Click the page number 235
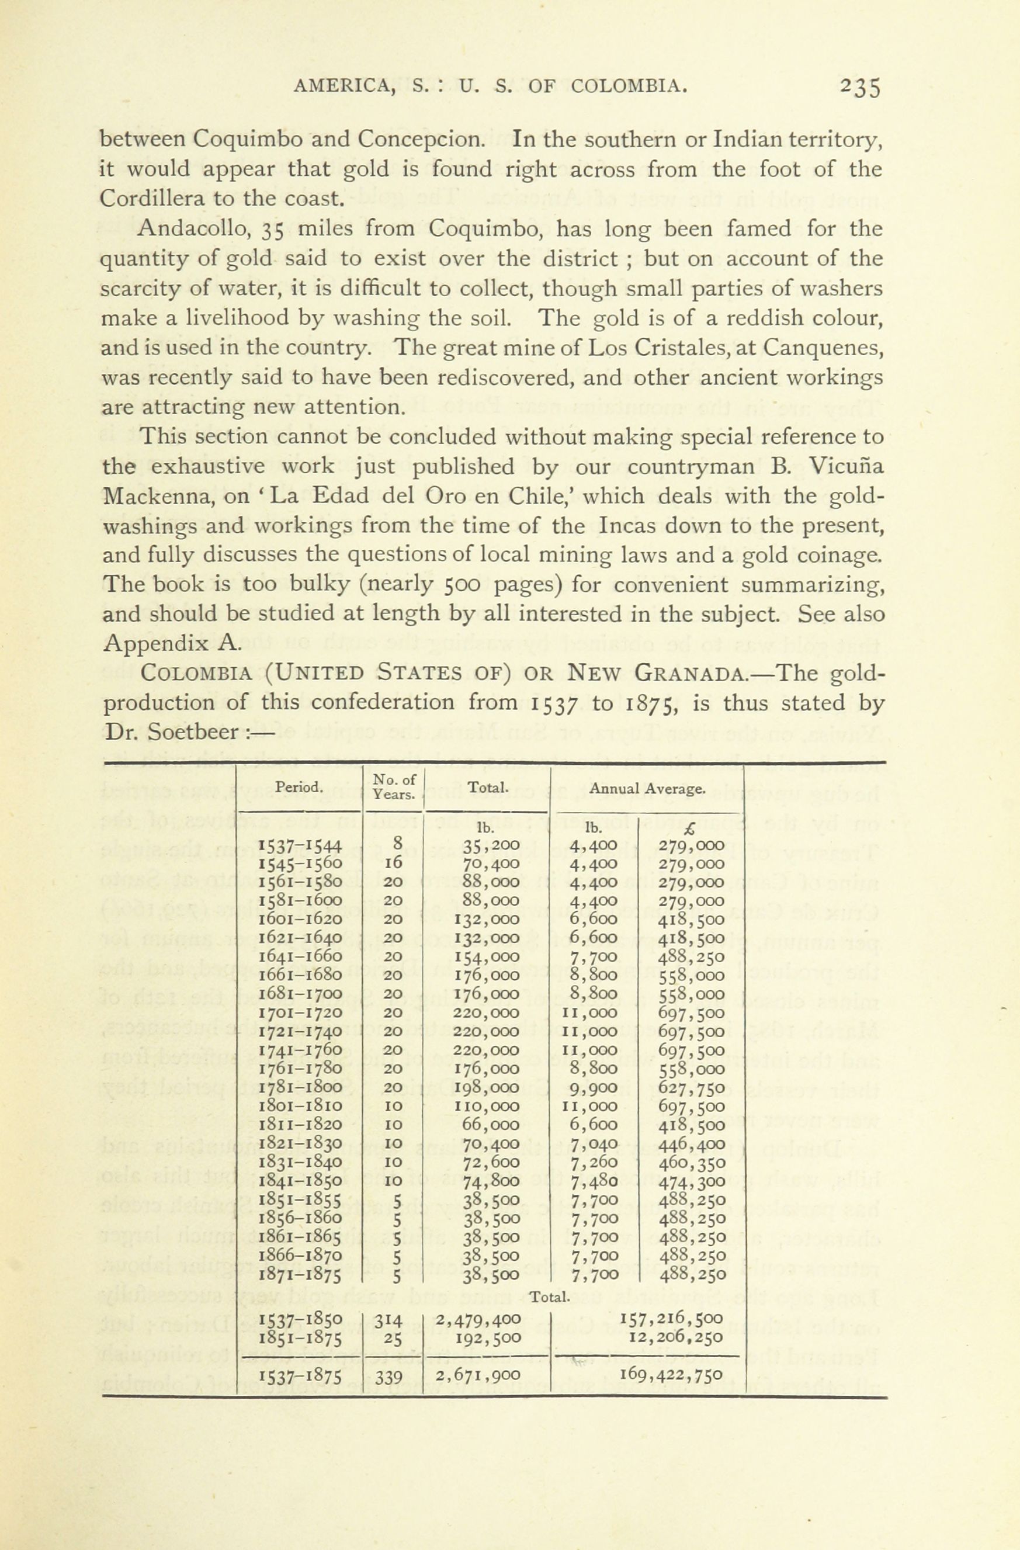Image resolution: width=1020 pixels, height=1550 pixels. (860, 87)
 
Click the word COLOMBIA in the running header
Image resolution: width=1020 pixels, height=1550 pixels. (629, 85)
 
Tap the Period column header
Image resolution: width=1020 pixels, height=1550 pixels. (299, 787)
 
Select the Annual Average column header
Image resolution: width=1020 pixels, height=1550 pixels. (646, 789)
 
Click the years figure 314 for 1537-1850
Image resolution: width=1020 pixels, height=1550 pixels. (390, 1321)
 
